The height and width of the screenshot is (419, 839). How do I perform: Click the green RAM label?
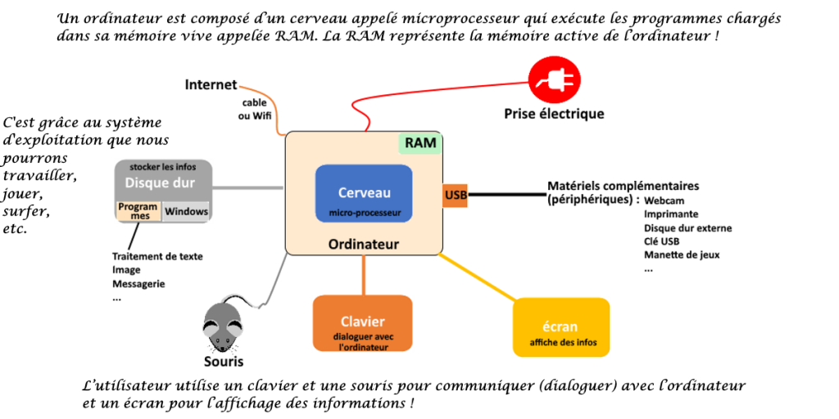point(420,143)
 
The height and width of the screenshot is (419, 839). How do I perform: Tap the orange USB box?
point(456,196)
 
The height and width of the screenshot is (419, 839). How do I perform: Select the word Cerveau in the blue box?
point(365,193)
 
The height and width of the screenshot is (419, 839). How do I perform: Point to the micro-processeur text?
point(365,214)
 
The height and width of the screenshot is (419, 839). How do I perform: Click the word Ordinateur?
point(364,244)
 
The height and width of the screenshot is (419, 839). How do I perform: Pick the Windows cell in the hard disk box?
point(187,211)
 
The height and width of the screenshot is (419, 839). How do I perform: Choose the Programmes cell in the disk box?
point(138,211)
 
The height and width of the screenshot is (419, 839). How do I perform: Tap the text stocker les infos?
point(163,167)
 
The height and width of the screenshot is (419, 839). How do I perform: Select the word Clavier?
point(363,322)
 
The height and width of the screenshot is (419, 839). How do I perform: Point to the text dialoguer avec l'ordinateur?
point(363,341)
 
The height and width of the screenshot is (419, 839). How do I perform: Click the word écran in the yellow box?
point(560,327)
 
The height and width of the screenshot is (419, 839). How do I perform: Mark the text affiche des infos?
point(563,342)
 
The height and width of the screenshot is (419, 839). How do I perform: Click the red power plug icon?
point(555,80)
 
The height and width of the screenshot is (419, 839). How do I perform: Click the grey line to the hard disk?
point(249,188)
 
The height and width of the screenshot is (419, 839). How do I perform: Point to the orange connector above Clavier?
point(364,274)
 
